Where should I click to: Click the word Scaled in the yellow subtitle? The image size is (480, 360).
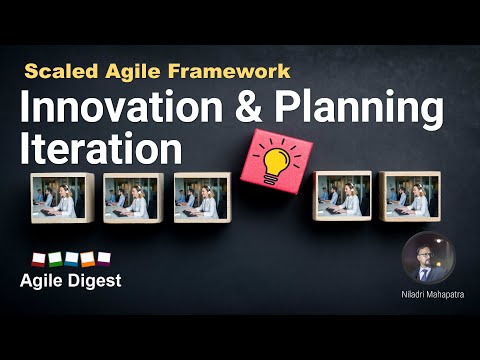[56, 72]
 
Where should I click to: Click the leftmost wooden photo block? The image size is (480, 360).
[61, 197]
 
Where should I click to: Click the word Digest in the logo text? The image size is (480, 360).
[93, 281]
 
